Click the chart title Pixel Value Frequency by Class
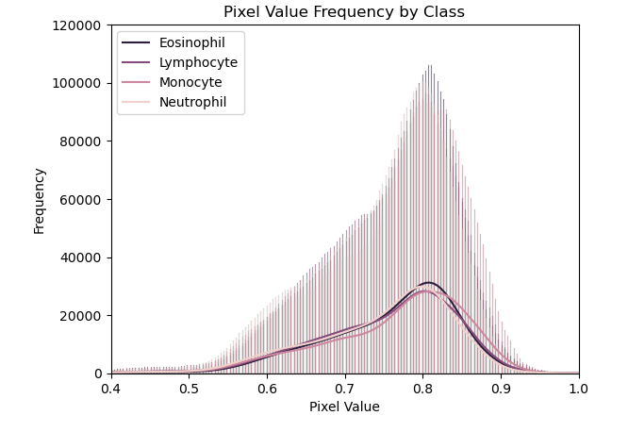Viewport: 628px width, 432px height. tap(344, 12)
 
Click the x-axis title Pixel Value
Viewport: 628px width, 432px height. tap(344, 407)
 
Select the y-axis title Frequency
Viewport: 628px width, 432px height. tap(40, 200)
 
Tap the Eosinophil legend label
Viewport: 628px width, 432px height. tap(191, 42)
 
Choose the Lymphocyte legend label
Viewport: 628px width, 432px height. tap(198, 62)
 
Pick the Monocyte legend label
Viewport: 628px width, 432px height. tap(190, 82)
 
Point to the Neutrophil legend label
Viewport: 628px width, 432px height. tap(192, 102)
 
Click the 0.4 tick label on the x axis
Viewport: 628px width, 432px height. tap(111, 388)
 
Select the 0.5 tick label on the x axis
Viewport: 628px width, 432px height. tap(189, 388)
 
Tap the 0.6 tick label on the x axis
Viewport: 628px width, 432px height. tap(267, 388)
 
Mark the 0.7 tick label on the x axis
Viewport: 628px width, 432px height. tap(345, 388)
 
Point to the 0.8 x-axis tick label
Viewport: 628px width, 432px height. tap(422, 388)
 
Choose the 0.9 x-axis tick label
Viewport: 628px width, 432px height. tap(501, 388)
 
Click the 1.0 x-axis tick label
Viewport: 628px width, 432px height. tap(579, 388)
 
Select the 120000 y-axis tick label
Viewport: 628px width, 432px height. tap(79, 25)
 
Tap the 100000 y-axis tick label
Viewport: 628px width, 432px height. tap(79, 83)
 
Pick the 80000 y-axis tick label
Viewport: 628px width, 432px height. tap(83, 141)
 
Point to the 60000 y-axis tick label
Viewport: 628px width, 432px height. tap(83, 199)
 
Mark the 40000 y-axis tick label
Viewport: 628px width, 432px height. tap(83, 258)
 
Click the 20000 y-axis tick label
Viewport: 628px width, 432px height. tap(83, 315)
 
